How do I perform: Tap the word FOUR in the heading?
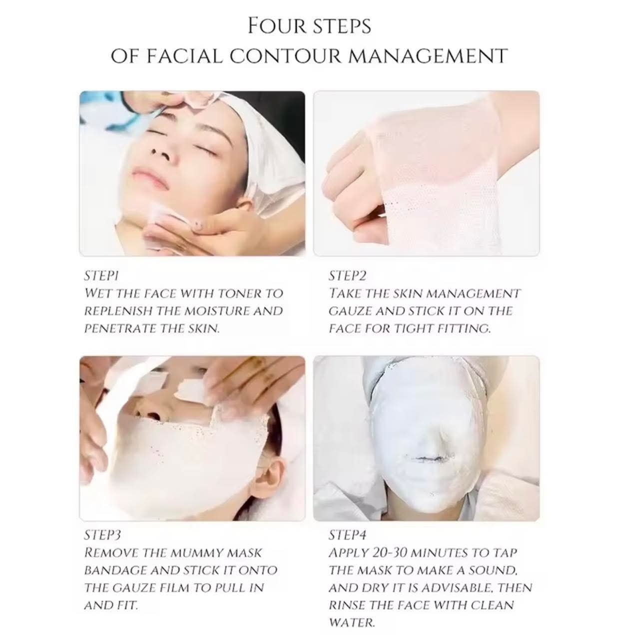(276, 26)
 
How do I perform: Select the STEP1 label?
(101, 276)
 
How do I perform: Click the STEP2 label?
(347, 276)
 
